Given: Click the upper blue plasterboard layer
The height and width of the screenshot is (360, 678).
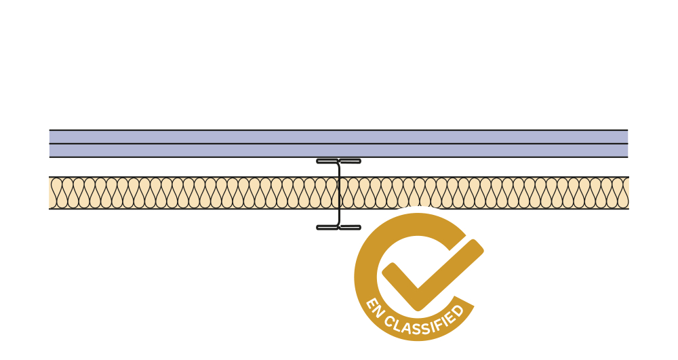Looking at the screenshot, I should pos(203,137).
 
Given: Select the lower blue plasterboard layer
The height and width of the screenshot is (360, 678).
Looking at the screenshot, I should pos(203,151).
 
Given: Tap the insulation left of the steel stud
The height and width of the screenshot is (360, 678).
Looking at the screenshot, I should pos(190,193).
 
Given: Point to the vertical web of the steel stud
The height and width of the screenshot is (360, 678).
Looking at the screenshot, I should pos(338,194).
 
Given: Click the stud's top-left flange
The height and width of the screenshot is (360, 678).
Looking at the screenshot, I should pos(327,161).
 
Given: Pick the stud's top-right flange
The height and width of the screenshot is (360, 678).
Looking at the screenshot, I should pos(350,161).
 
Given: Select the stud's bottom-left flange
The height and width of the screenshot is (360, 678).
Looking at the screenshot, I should pos(327,227).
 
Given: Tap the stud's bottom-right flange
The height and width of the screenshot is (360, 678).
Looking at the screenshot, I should pos(350,227).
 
